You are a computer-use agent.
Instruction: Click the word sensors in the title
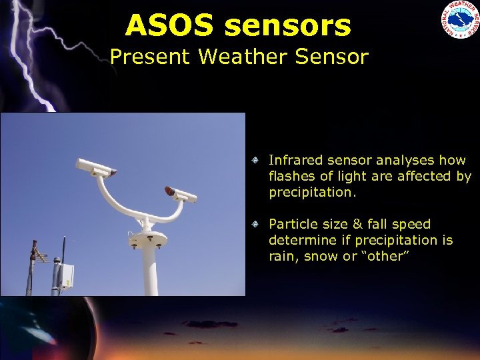(x=287, y=26)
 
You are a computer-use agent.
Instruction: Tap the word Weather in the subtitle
(x=245, y=57)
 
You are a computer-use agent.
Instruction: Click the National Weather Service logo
(x=459, y=20)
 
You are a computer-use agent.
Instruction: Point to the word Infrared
(x=294, y=160)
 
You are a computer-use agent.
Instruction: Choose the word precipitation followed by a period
(x=313, y=193)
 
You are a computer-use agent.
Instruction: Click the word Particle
(x=291, y=224)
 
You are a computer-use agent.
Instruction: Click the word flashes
(x=293, y=177)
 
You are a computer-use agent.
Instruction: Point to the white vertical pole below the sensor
(x=149, y=273)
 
